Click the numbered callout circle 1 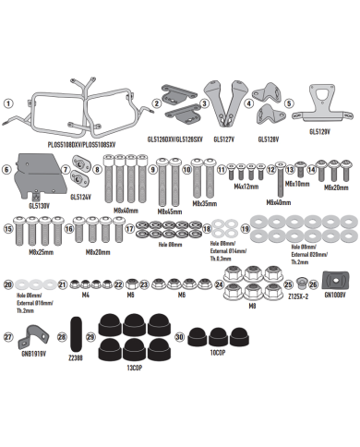click(x=8, y=103)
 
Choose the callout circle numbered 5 click(x=289, y=103)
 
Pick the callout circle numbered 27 click(x=8, y=337)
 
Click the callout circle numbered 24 click(x=219, y=285)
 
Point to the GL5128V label click(x=268, y=140)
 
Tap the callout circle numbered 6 click(x=8, y=169)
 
